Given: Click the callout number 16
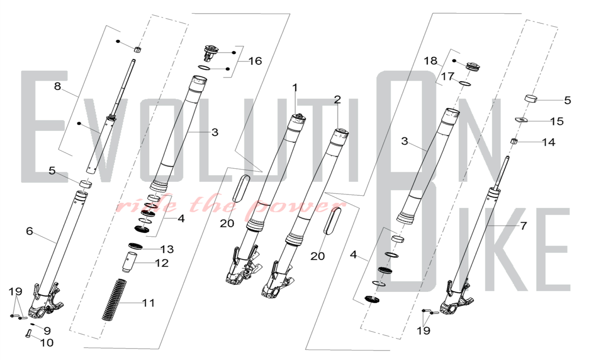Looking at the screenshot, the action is (x=255, y=61).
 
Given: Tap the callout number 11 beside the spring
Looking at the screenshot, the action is (x=148, y=303).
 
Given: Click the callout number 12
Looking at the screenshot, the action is (x=162, y=263).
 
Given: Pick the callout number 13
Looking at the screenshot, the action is (x=167, y=249).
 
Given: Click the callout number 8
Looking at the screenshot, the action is (x=58, y=86).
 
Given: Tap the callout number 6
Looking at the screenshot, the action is (x=29, y=231).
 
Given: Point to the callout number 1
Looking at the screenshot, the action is (x=295, y=88).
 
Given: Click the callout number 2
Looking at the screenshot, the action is (x=337, y=99).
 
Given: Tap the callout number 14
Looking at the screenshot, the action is (x=549, y=142).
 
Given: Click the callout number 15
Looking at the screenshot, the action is (x=557, y=121).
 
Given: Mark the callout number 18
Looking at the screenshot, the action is (x=430, y=61).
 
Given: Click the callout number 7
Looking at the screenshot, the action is (x=524, y=226).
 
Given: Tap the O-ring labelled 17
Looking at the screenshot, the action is (x=465, y=84).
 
